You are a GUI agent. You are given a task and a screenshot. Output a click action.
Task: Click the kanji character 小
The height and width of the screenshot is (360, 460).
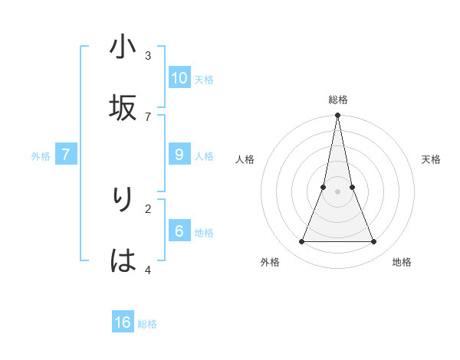(x=123, y=47)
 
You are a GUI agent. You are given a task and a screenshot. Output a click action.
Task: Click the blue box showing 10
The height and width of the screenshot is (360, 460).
(x=179, y=78)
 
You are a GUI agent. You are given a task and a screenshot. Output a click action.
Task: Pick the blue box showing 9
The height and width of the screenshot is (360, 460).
(x=179, y=155)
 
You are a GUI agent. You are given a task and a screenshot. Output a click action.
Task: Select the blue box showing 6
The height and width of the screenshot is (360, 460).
(x=179, y=231)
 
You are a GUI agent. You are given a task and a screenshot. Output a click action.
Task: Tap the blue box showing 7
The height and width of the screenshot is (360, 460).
(x=66, y=155)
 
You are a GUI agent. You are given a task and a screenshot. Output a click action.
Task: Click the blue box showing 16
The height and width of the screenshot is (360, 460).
(x=123, y=322)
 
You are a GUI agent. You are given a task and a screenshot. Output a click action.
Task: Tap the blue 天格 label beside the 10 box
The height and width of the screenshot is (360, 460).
(x=204, y=80)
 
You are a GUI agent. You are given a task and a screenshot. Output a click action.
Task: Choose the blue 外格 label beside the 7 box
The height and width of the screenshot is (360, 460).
(x=41, y=156)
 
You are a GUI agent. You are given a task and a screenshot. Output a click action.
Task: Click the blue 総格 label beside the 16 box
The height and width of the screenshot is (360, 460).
(x=147, y=324)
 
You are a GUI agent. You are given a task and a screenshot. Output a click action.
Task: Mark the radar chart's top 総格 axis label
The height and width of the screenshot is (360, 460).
(x=337, y=100)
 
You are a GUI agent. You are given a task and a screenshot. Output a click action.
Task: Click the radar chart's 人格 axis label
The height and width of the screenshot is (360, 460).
(x=245, y=159)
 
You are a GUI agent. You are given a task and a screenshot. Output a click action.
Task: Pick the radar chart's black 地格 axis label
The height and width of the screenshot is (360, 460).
(x=402, y=262)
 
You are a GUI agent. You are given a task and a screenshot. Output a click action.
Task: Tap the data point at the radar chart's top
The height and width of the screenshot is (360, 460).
(x=337, y=116)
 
